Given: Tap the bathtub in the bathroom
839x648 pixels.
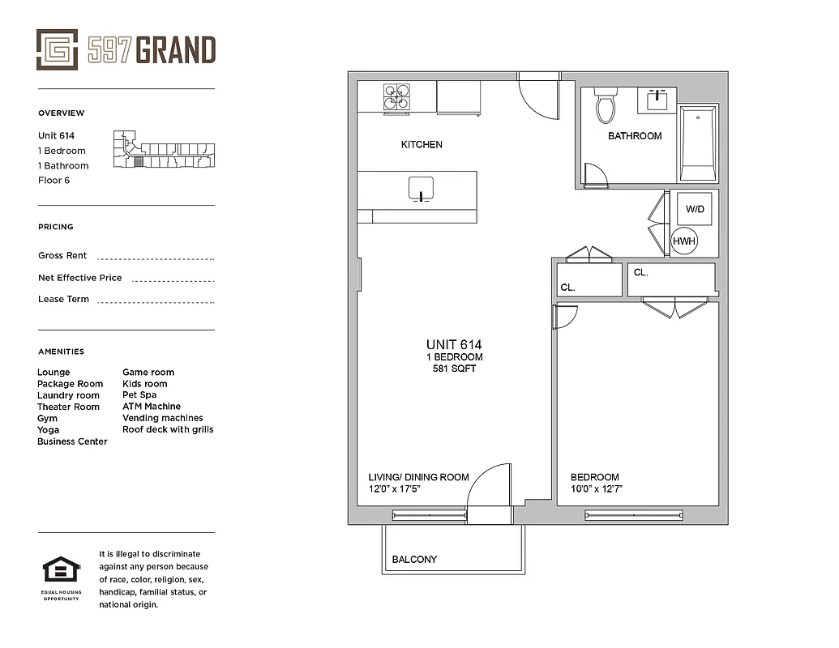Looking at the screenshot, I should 697,143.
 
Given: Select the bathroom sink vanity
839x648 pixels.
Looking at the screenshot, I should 657,101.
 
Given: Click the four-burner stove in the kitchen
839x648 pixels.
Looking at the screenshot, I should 396,98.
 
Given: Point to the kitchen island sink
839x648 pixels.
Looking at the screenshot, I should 421,187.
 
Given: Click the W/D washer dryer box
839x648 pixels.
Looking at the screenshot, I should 695,209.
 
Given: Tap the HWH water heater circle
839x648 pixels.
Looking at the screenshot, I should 684,241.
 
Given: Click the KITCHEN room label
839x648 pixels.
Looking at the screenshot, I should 422,145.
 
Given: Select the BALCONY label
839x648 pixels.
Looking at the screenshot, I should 414,560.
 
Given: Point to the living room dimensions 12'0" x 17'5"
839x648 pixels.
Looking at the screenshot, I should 395,489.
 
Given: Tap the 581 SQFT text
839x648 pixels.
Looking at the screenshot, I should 454,369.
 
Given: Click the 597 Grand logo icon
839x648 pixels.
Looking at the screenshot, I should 57,50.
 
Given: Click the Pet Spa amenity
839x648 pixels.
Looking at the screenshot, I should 139,395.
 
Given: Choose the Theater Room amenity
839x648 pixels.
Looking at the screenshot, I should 68,407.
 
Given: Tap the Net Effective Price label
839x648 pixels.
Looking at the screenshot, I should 79,278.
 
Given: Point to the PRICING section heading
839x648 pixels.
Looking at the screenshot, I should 55,227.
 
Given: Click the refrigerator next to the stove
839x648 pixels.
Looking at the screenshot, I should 459,98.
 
